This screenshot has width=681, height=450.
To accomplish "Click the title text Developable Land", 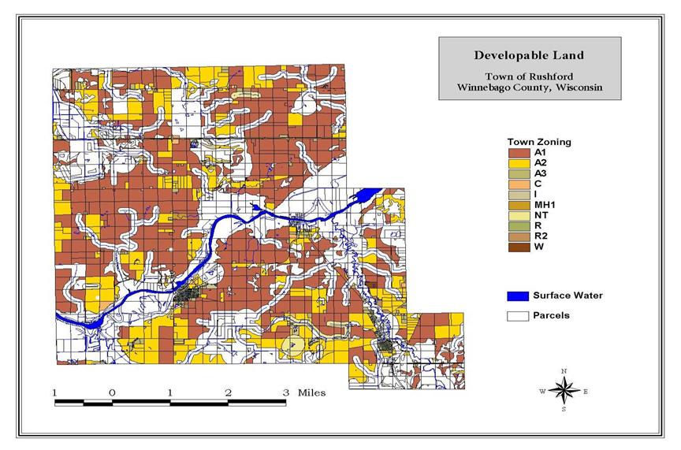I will point(520,55).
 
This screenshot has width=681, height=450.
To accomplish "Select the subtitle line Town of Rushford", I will point(520,76).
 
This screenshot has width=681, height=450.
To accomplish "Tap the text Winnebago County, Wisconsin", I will point(520,87).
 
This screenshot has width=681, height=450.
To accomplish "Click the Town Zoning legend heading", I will point(539,142).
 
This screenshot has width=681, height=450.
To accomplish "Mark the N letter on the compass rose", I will point(564,370).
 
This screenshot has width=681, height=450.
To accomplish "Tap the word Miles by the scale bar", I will point(311,392).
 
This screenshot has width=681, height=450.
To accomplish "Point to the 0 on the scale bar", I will point(112,392).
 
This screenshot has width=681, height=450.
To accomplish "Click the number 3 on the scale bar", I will point(285,392).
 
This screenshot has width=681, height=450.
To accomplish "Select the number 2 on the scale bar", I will point(228,392).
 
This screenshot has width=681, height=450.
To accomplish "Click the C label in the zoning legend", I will point(537,184).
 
